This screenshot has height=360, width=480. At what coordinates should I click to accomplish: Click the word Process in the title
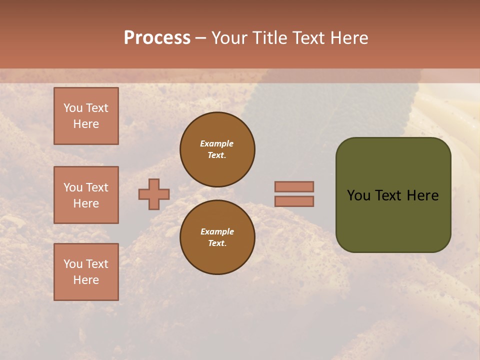click(157, 38)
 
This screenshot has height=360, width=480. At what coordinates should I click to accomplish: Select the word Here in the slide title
click(349, 38)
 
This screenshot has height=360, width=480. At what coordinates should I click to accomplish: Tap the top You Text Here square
click(86, 116)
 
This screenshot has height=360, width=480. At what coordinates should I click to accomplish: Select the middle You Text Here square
click(86, 195)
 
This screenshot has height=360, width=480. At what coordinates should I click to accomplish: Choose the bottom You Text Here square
click(86, 272)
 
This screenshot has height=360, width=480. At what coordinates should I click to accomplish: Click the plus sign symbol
click(154, 194)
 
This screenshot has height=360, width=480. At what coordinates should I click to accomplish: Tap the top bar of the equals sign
click(294, 186)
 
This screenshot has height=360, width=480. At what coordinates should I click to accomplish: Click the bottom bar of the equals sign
click(294, 201)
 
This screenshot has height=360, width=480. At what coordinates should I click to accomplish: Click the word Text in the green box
click(391, 195)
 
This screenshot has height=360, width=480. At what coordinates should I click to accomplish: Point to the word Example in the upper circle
click(217, 143)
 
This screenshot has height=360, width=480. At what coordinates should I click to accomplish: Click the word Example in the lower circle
click(217, 231)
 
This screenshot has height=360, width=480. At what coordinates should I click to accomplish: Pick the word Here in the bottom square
click(86, 280)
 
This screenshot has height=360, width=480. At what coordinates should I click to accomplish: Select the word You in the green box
click(358, 195)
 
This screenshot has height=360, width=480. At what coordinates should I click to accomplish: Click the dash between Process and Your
click(200, 38)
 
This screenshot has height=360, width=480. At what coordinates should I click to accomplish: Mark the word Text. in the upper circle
click(217, 155)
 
